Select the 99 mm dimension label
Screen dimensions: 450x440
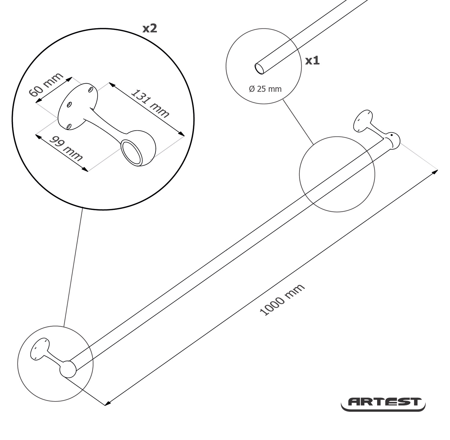[x=66, y=148]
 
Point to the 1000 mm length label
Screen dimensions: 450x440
[x=282, y=300]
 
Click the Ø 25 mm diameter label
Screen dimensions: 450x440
[x=265, y=89]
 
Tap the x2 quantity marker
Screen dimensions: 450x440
[x=150, y=28]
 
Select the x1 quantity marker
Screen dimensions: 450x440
[x=312, y=61]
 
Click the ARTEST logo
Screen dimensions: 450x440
[x=383, y=403]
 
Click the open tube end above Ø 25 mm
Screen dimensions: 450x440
[x=259, y=68]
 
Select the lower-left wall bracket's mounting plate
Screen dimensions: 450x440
[x=40, y=349]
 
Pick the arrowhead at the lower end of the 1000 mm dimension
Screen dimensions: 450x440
[x=107, y=403]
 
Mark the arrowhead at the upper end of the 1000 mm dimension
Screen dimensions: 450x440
[x=435, y=172]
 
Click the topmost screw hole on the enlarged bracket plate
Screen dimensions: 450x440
[x=91, y=90]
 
